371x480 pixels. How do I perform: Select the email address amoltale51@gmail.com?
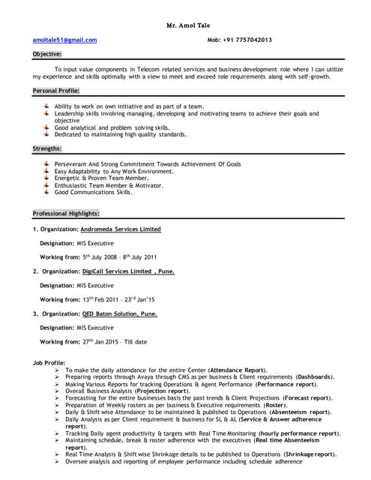(64, 40)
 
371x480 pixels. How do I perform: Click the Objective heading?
(47, 55)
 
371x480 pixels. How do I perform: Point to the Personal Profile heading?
(56, 90)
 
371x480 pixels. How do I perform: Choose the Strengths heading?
(47, 148)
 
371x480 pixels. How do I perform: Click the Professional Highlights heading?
(66, 214)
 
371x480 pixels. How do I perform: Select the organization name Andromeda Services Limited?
(121, 229)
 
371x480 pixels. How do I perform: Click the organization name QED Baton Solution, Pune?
(120, 313)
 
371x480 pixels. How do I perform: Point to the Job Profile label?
(49, 362)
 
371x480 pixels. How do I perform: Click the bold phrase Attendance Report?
(238, 370)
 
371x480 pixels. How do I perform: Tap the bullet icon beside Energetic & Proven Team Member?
(47, 178)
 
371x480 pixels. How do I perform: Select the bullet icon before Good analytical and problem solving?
(47, 127)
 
